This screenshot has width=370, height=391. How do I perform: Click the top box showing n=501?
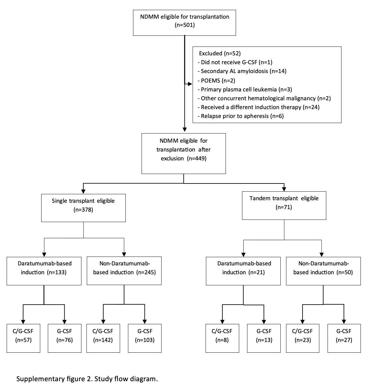tap(184, 23)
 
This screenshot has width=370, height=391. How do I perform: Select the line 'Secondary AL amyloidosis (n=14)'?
tap(242, 71)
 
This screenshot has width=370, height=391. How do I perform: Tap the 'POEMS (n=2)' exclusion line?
tap(216, 81)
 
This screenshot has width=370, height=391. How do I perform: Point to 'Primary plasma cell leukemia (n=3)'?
tap(245, 90)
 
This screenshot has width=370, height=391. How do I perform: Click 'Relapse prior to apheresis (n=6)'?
tap(241, 116)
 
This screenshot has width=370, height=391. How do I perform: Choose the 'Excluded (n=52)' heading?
tap(220, 53)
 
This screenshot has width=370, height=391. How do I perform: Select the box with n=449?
tap(184, 153)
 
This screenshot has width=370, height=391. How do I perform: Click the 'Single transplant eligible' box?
tap(83, 208)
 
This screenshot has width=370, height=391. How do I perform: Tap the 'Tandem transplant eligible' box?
tap(284, 206)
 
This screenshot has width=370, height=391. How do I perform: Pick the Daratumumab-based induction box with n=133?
tap(44, 271)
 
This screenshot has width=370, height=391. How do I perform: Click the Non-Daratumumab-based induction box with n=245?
tap(124, 271)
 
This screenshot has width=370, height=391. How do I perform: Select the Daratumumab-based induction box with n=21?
tap(243, 271)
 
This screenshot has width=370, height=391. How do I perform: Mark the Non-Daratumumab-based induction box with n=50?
tap(323, 271)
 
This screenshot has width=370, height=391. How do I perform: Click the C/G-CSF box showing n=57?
tap(23, 338)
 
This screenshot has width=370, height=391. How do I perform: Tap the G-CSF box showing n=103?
tap(145, 338)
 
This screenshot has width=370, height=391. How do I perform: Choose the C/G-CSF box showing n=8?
tap(222, 338)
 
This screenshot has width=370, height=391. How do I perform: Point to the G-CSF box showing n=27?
tap(344, 338)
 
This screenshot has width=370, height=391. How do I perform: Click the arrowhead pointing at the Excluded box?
tap(190, 84)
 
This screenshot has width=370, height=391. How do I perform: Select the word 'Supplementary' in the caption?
tap(41, 379)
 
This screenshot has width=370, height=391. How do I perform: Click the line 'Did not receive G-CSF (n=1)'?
tap(235, 62)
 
